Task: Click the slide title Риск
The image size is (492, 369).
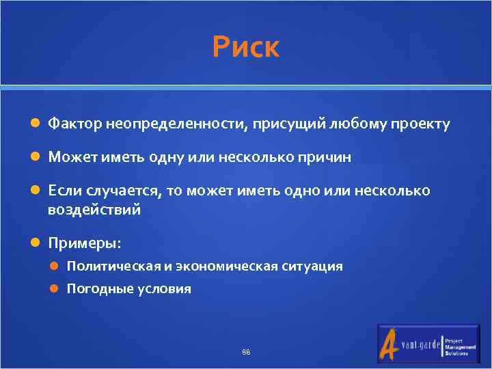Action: point(245,48)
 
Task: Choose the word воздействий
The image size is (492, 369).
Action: point(94,209)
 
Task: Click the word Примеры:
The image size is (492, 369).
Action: point(84,243)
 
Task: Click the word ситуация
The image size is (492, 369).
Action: point(312,266)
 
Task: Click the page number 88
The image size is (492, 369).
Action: point(246,353)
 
